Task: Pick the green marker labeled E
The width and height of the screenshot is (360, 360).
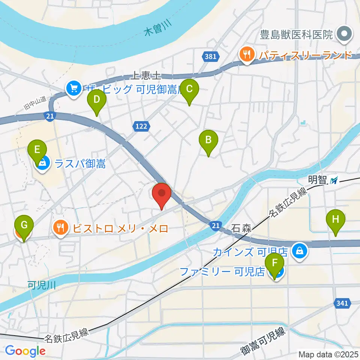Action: coord(37,150)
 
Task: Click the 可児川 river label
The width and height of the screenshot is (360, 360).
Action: coord(42,285)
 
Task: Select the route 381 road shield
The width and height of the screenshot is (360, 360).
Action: coord(211,57)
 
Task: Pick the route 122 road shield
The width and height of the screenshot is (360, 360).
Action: coord(141,126)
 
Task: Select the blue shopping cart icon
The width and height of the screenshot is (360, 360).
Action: coord(73,89)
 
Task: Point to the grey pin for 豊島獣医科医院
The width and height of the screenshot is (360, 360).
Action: coord(344,34)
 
